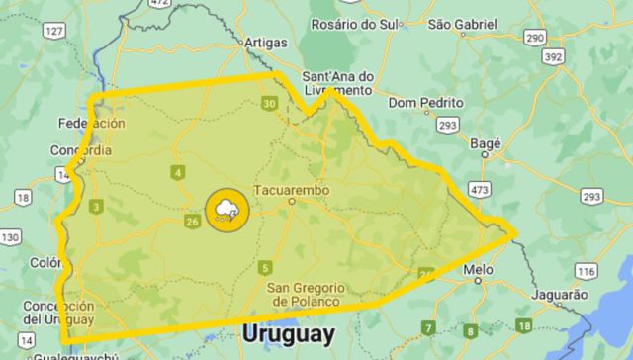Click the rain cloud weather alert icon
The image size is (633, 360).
point(227,210)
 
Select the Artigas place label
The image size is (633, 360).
point(266,42)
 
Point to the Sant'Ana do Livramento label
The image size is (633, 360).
point(337,82)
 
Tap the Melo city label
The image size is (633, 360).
point(478,268)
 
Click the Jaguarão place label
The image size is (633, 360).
point(560,294)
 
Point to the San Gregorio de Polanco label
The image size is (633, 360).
point(305,294)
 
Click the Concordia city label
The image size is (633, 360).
point(80,150)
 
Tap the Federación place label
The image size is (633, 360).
point(92,124)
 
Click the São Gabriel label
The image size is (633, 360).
point(467,23)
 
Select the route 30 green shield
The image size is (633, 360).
point(269,103)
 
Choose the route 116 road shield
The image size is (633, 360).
point(586,270)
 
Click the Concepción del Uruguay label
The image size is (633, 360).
point(58,313)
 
